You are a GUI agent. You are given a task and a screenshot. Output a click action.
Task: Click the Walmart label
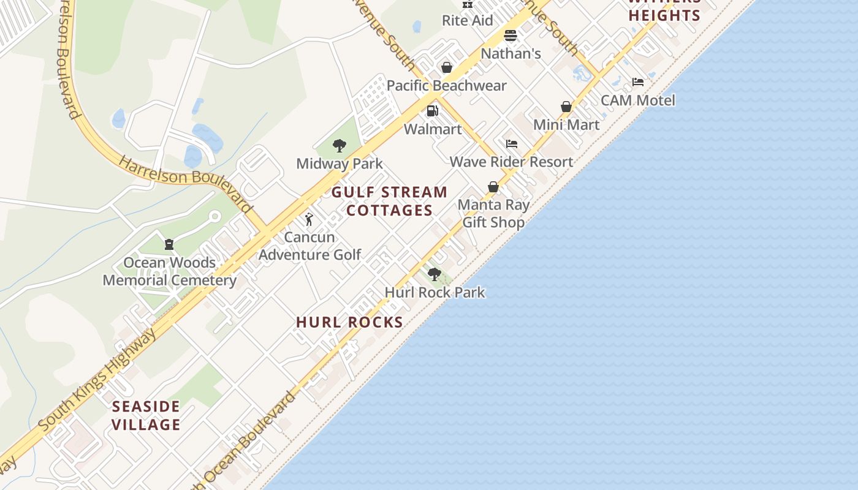[x=433, y=129]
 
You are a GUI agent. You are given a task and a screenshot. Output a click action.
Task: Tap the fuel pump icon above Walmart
[x=432, y=111]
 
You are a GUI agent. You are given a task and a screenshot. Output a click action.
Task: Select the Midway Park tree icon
[x=339, y=146]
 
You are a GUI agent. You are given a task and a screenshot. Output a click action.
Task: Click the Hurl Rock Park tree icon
[x=435, y=274]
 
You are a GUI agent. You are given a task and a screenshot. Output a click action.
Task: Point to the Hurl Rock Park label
[x=435, y=293]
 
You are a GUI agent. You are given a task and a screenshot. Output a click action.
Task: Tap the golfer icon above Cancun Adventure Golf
[x=309, y=219]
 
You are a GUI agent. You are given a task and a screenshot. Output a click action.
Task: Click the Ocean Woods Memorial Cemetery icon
[x=169, y=244]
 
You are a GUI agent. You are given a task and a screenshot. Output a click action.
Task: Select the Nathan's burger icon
[x=511, y=36]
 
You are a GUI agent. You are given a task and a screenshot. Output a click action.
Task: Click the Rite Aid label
[x=467, y=20]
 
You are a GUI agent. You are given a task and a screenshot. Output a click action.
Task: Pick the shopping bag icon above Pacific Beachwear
[x=447, y=67]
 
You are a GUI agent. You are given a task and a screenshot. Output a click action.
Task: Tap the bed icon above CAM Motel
[x=638, y=82]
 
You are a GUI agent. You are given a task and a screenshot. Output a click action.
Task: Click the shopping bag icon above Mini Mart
[x=566, y=107]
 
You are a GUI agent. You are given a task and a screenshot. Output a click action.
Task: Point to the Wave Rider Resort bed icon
[x=512, y=144]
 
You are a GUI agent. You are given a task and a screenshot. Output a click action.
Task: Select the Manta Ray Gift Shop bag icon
[x=493, y=187]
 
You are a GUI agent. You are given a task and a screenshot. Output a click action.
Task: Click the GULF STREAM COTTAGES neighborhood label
[x=390, y=201]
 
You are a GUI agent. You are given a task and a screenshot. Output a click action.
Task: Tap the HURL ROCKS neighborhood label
[x=349, y=322]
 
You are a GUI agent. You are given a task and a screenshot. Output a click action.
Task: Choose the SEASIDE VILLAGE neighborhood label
[x=146, y=415]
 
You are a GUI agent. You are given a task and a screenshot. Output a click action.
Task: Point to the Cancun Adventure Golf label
[x=310, y=246]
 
